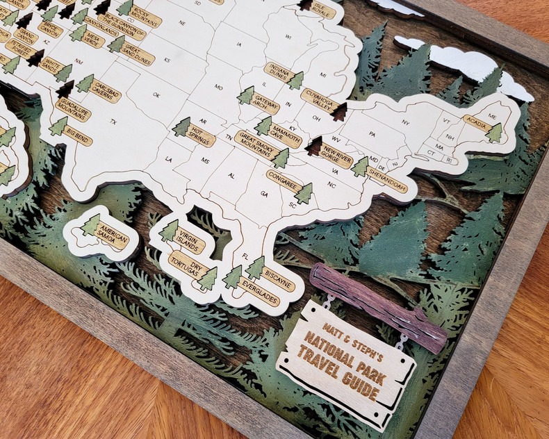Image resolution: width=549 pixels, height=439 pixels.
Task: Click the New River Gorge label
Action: pyautogui.click(x=336, y=154)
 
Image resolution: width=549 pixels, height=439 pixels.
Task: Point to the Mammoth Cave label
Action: pyautogui.click(x=286, y=135)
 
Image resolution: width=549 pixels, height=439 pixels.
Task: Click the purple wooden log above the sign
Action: pyautogui.click(x=379, y=305)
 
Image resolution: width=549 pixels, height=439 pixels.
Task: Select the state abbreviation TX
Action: pyautogui.click(x=113, y=122)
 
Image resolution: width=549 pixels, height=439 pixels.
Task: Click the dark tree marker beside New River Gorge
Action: pyautogui.click(x=313, y=144)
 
